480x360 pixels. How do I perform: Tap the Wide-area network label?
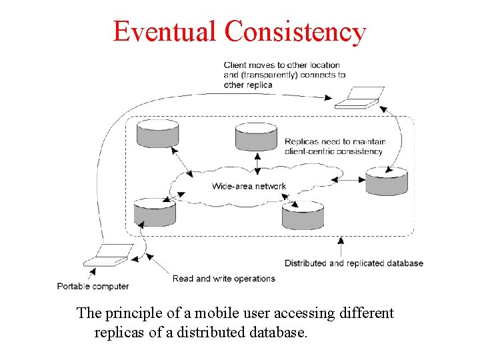coord(249,186)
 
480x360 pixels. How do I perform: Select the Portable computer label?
coord(93,286)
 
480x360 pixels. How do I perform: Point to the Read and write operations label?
coord(223,279)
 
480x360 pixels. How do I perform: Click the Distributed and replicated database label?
coord(353,263)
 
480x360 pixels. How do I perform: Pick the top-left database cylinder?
coord(157,133)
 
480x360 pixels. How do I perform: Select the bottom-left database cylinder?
coord(155,213)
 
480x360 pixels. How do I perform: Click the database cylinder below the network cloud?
coord(303,215)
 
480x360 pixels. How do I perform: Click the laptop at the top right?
coord(359,97)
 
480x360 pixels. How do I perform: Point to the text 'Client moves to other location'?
coord(281,65)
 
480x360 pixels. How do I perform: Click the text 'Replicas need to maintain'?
coord(335,141)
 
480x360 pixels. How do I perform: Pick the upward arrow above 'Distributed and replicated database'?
coord(341,246)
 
